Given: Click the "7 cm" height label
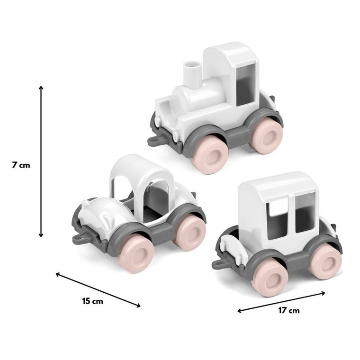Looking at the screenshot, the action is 21,165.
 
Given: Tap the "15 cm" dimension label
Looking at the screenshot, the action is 93,301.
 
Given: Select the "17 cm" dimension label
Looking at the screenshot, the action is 289,310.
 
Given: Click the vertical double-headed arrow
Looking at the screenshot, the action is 41,162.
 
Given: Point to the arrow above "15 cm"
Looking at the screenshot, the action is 98,290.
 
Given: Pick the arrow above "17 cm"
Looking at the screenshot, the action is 281,302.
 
